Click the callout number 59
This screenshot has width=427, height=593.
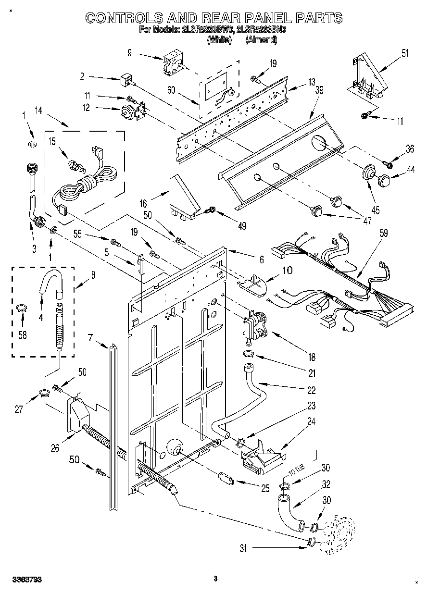(x=383, y=233)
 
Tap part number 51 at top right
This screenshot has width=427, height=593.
(x=405, y=53)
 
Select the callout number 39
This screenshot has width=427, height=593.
(x=319, y=90)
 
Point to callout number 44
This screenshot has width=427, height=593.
(x=410, y=170)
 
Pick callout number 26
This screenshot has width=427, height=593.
(x=55, y=448)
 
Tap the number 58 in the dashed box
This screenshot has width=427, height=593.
(x=23, y=335)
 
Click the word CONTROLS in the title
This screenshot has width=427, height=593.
(x=125, y=18)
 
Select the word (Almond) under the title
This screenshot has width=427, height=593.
(x=262, y=40)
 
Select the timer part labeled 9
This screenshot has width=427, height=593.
(x=173, y=64)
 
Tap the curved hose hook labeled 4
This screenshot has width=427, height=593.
(x=51, y=283)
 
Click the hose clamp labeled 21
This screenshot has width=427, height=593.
(x=249, y=354)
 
